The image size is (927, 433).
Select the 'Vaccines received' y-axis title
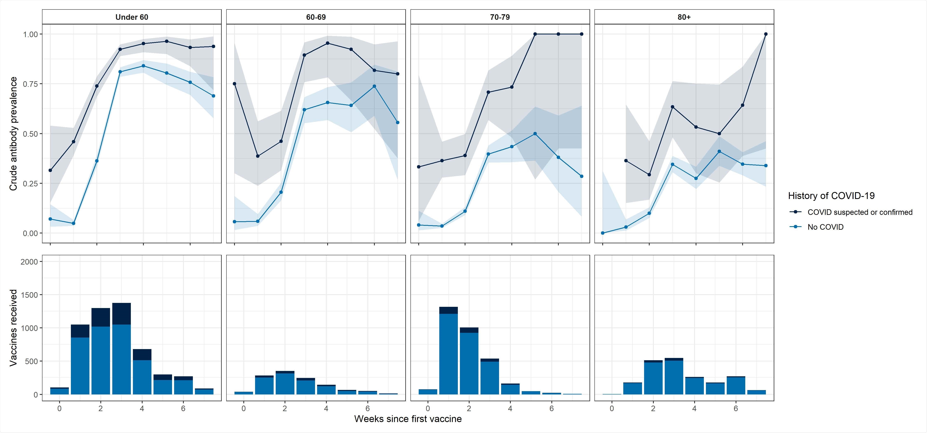13,328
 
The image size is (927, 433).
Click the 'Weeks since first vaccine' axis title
408,419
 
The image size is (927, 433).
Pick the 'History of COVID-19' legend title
831,196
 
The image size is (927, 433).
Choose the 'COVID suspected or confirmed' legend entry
860,212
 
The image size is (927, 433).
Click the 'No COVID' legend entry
825,227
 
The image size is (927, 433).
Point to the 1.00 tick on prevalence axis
30,34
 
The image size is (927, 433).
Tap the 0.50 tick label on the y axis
30,134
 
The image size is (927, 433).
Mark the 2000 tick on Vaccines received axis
29,262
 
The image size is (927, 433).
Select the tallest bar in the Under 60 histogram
121,349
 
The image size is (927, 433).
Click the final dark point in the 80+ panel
765,34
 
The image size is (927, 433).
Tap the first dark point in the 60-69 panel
235,84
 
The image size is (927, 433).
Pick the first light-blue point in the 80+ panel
603,233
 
